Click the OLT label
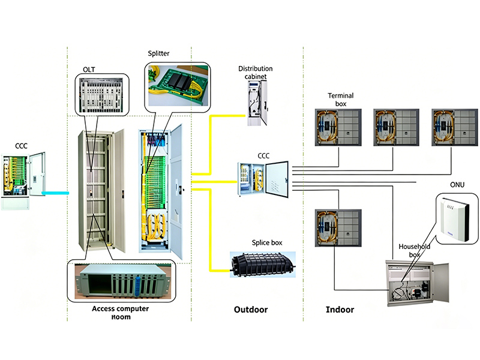point(89,70)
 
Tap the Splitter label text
point(158,53)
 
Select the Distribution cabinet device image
point(257,103)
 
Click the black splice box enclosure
point(263,265)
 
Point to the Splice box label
point(267,242)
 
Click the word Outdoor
point(251,310)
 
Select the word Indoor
point(340,310)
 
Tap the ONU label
point(457,185)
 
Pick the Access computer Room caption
point(121,313)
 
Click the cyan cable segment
point(55,193)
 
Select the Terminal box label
point(341,100)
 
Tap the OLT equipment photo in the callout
point(101,95)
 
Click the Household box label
point(414,250)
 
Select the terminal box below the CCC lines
point(338,228)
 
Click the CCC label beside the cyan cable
point(21,146)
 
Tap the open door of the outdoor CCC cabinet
point(277,179)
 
